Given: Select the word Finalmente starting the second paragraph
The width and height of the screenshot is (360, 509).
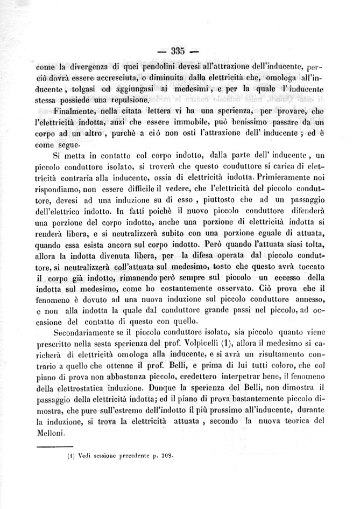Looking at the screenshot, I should point(78,111).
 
